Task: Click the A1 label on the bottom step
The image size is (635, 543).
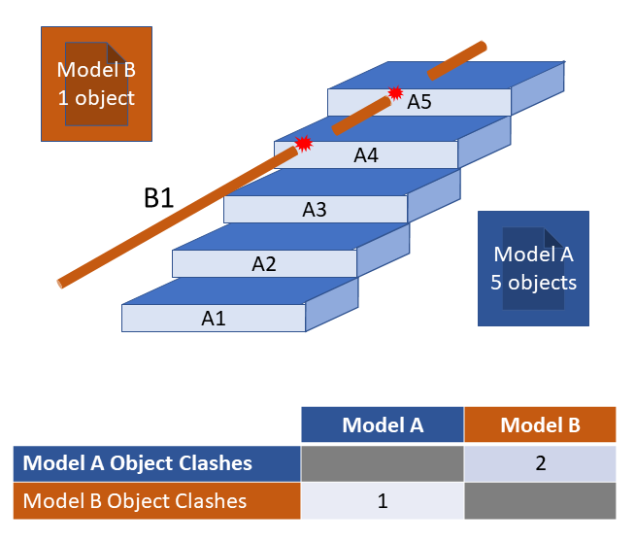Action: pos(214,318)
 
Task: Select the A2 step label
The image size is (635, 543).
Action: pos(264,263)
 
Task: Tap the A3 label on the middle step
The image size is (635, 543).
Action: pos(315,209)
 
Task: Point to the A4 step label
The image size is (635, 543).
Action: pos(365,154)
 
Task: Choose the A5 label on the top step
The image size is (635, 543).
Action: pos(418,101)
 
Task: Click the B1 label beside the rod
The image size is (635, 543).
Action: pos(159,198)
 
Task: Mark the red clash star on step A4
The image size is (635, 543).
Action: pos(304,144)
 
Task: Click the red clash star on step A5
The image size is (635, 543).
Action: pos(395,93)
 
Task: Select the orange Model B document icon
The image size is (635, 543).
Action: pos(95,84)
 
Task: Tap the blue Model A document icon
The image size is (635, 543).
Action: pos(533,268)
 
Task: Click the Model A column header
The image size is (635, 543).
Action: pos(382,424)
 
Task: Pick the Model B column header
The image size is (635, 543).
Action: pos(540,424)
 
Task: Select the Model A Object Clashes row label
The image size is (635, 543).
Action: pos(137,463)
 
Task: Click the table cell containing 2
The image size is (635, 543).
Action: pos(540,463)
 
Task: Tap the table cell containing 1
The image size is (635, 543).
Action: pos(382,501)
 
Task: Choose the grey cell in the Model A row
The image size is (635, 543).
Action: pos(382,463)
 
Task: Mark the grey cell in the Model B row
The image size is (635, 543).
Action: pos(540,501)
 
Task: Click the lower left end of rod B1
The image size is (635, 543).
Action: pos(63,283)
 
